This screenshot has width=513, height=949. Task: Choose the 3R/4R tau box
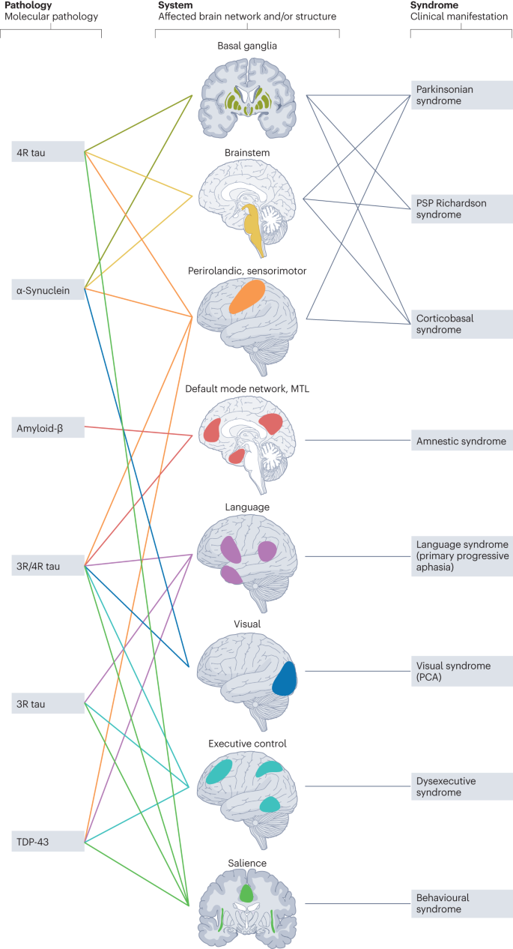point(47,565)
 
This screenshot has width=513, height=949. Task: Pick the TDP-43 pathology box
point(47,841)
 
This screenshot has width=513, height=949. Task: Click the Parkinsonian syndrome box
point(461,95)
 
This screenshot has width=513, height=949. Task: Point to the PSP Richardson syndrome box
point(461,208)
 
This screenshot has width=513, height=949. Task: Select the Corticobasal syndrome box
point(461,324)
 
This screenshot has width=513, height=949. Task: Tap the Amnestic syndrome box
point(461,441)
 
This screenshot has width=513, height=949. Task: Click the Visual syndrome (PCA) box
point(461,671)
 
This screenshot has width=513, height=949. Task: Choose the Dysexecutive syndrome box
point(461,786)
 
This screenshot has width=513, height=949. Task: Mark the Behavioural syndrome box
point(461,903)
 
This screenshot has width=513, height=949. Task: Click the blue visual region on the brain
point(285,678)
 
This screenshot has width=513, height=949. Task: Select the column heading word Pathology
point(28,5)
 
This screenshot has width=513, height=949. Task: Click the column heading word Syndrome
point(434,5)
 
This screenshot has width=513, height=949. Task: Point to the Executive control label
point(246,744)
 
